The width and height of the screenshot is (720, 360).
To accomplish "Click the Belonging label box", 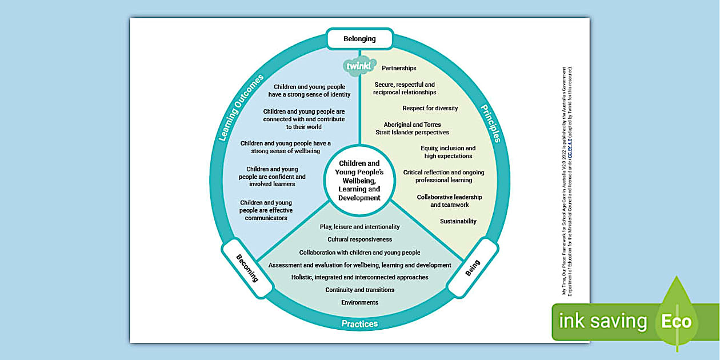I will point(359,39).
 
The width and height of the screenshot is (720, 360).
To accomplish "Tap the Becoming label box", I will point(247,268).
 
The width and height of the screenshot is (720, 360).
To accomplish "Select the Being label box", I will point(473,268).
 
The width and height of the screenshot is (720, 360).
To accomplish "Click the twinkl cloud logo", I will point(359,66).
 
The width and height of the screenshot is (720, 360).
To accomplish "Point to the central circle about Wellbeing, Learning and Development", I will point(359,181).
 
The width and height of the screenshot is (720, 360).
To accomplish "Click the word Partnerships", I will point(399,68).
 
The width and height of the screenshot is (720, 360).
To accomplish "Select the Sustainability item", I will point(458,221).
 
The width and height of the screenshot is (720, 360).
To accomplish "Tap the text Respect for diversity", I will point(430,108).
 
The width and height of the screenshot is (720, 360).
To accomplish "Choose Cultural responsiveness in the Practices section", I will point(359,239).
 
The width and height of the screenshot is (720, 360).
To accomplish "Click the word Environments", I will point(359,302).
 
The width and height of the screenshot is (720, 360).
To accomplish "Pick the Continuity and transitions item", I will point(359,290).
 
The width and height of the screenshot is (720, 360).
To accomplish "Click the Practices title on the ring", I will point(359,324).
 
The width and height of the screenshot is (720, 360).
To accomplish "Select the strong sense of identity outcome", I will point(309,91).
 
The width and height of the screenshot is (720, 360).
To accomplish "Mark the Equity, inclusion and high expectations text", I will point(448,152).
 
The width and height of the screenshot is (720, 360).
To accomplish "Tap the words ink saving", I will point(603,321).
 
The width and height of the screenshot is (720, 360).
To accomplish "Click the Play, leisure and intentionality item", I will point(359,227).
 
